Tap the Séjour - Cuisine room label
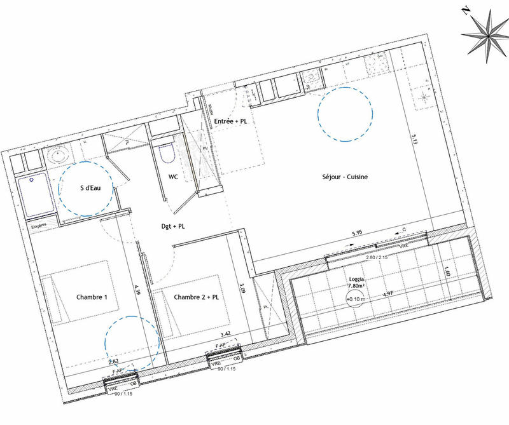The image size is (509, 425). (345, 177)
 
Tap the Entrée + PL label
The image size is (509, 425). (231, 121)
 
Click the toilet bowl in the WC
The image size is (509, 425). (167, 153)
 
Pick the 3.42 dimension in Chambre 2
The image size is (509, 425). (225, 334)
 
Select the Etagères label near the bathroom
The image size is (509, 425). (39, 226)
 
